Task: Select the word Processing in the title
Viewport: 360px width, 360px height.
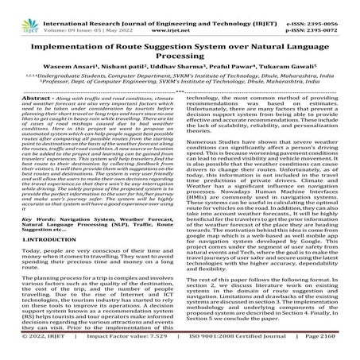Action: pyautogui.click(x=180, y=47)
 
